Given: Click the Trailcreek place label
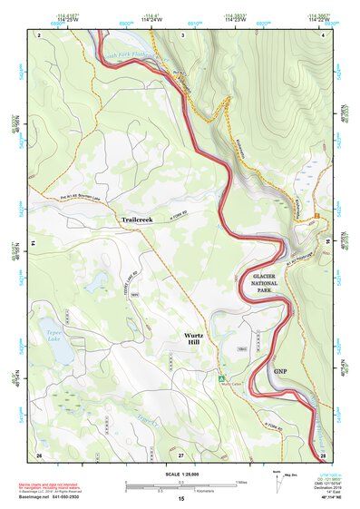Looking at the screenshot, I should click(x=141, y=220).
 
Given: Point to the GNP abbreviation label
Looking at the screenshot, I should click(x=280, y=370).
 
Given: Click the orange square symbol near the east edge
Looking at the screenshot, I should click(x=319, y=214).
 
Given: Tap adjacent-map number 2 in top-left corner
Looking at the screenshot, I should click(x=40, y=34).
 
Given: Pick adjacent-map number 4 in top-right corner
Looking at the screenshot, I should click(x=325, y=34).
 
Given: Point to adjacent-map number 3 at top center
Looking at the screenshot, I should click(x=182, y=34).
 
